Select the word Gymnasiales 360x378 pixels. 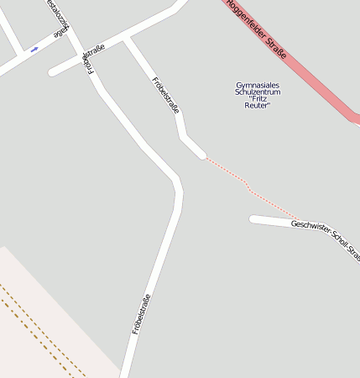258,85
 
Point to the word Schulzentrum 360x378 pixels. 258,92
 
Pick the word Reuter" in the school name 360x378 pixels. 258,105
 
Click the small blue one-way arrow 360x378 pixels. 34,50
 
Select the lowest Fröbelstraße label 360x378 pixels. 141,314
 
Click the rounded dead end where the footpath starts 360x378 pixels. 200,153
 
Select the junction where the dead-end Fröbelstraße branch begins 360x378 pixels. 128,40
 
